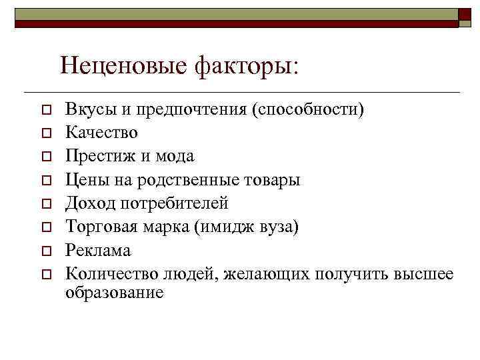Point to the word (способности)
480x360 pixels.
tap(307, 110)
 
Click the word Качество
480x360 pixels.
tap(101, 133)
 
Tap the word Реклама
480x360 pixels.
tap(98, 250)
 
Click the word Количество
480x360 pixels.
tap(110, 273)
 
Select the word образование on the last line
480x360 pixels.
tap(114, 293)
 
